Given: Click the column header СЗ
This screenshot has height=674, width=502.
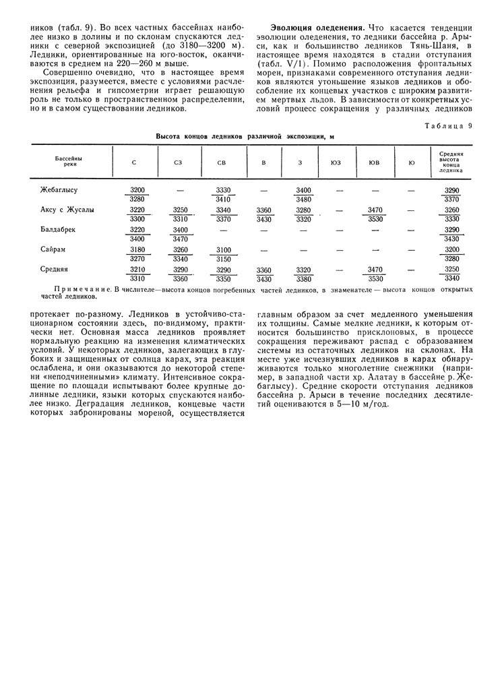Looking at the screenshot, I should tap(178, 162).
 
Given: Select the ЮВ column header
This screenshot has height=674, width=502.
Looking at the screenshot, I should tap(373, 162).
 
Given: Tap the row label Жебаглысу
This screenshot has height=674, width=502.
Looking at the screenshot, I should tap(59, 190).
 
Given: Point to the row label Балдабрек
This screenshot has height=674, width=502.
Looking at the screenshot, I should tap(58, 230).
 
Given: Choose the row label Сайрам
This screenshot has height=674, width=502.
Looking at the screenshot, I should tap(55, 249).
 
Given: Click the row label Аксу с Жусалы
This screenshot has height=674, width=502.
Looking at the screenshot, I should tap(67, 210).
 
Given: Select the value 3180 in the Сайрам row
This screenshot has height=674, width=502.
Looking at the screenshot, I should tap(137, 249).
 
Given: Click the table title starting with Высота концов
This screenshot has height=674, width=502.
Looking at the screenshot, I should tap(245, 136).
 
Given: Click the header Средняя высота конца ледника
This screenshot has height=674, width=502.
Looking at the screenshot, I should tap(453, 162).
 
